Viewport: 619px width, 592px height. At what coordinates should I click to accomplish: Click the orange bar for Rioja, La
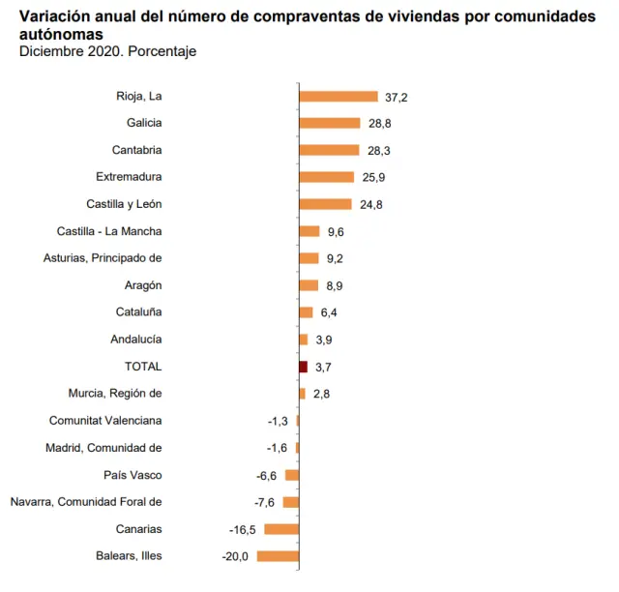(338, 97)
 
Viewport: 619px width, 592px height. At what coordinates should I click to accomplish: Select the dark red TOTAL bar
(303, 367)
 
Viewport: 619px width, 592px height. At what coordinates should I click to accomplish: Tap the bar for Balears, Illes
(278, 556)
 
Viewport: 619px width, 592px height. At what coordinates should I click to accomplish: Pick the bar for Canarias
(281, 529)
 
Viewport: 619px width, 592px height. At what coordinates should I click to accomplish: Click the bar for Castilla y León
(325, 204)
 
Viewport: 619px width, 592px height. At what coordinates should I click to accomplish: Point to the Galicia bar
(328, 123)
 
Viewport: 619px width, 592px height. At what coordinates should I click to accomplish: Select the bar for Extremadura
(326, 177)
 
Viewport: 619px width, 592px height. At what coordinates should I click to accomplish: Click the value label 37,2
(395, 97)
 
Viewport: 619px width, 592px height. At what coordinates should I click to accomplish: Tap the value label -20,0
(235, 556)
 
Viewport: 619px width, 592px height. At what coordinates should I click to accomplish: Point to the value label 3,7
(324, 367)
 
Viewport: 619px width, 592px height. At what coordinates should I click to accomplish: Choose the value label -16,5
(243, 529)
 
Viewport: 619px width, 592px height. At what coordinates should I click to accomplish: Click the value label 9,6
(337, 231)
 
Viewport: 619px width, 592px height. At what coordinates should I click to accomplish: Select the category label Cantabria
(136, 150)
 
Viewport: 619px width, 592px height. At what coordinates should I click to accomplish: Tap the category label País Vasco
(133, 475)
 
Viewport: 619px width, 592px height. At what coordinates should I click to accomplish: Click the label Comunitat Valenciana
(105, 421)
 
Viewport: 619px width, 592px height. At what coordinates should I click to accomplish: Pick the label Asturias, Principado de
(103, 258)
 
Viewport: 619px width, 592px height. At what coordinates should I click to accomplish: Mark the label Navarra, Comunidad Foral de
(86, 502)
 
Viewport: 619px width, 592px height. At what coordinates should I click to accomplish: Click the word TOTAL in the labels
(143, 367)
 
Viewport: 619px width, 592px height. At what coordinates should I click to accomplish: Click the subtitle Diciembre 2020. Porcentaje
(108, 51)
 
